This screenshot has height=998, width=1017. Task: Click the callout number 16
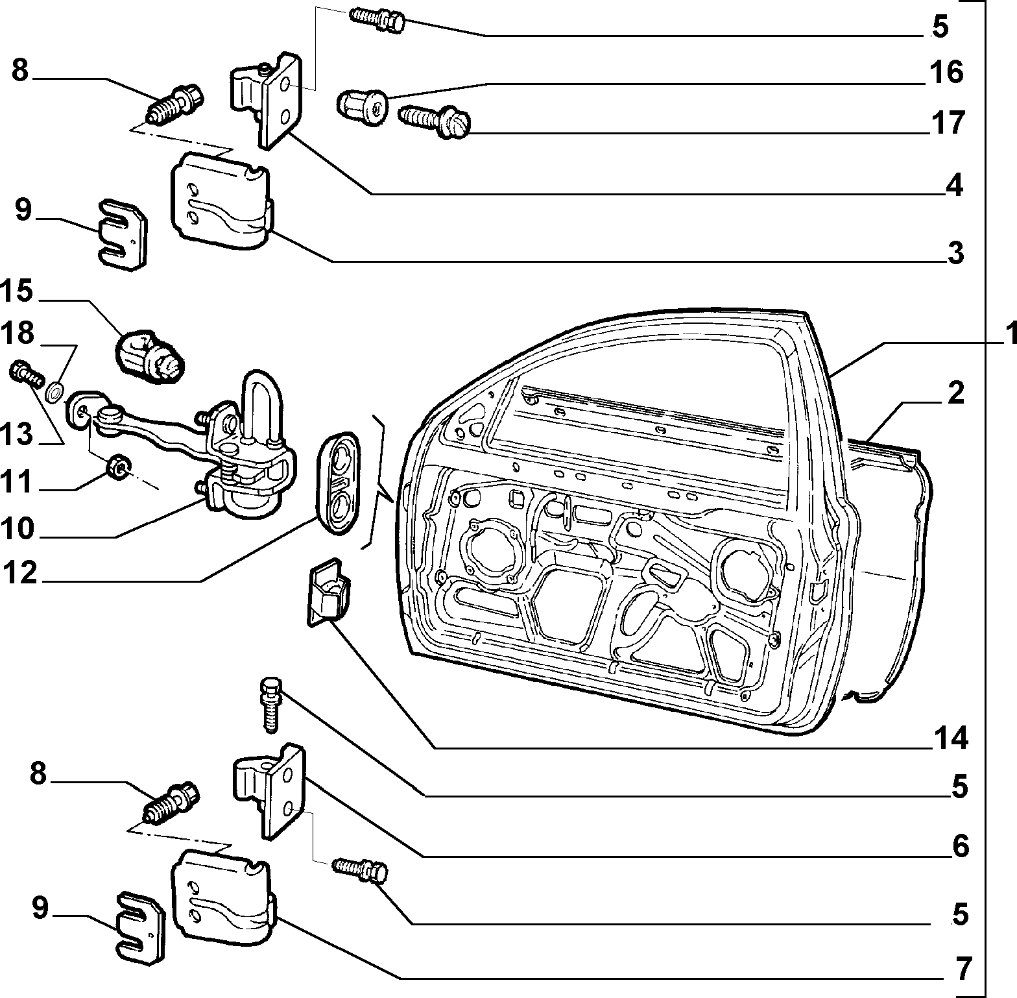947,72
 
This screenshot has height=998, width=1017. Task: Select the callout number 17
948,123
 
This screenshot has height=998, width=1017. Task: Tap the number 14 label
951,738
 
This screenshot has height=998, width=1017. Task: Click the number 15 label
17,291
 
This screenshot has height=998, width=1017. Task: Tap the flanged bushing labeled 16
362,107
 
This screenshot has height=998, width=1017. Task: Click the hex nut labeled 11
119,464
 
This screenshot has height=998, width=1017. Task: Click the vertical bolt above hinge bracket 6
270,703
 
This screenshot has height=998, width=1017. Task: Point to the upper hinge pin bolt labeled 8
176,105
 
